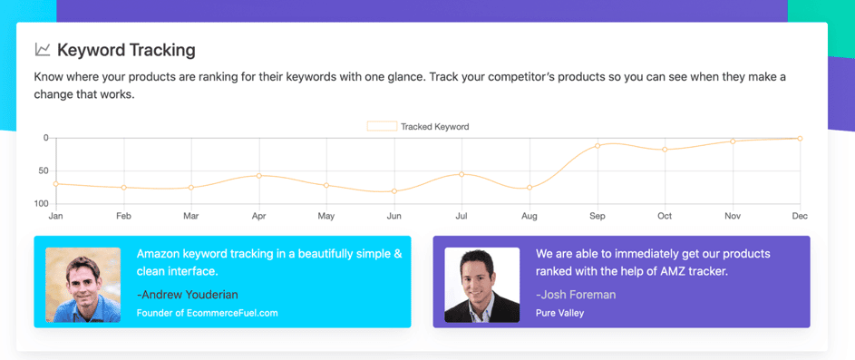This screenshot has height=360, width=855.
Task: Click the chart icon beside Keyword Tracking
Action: pos(43,50)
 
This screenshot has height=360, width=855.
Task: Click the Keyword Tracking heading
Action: pos(126,50)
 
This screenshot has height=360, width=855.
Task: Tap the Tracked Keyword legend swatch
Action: pos(382,127)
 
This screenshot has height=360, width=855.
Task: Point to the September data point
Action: pos(598,146)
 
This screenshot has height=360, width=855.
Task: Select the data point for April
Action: pos(259,176)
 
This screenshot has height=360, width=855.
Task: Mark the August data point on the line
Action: pos(530,188)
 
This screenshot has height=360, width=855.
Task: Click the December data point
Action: pos(800,139)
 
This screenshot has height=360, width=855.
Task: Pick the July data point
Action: pos(462,174)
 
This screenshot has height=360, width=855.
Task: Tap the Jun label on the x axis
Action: pos(393,217)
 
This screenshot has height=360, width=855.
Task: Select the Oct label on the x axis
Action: pos(665,217)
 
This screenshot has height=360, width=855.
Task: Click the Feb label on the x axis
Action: pos(124,217)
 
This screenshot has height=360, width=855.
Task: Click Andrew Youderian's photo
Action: pos(83,285)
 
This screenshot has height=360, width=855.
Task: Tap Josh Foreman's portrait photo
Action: pos(482,285)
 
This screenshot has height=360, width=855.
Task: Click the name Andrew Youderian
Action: pos(188,295)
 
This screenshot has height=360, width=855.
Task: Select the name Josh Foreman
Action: pos(576,295)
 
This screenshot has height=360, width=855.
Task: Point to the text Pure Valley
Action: pos(560,313)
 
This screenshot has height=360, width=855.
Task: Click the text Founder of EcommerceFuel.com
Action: pos(208,313)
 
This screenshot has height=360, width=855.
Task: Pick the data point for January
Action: pos(56,184)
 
